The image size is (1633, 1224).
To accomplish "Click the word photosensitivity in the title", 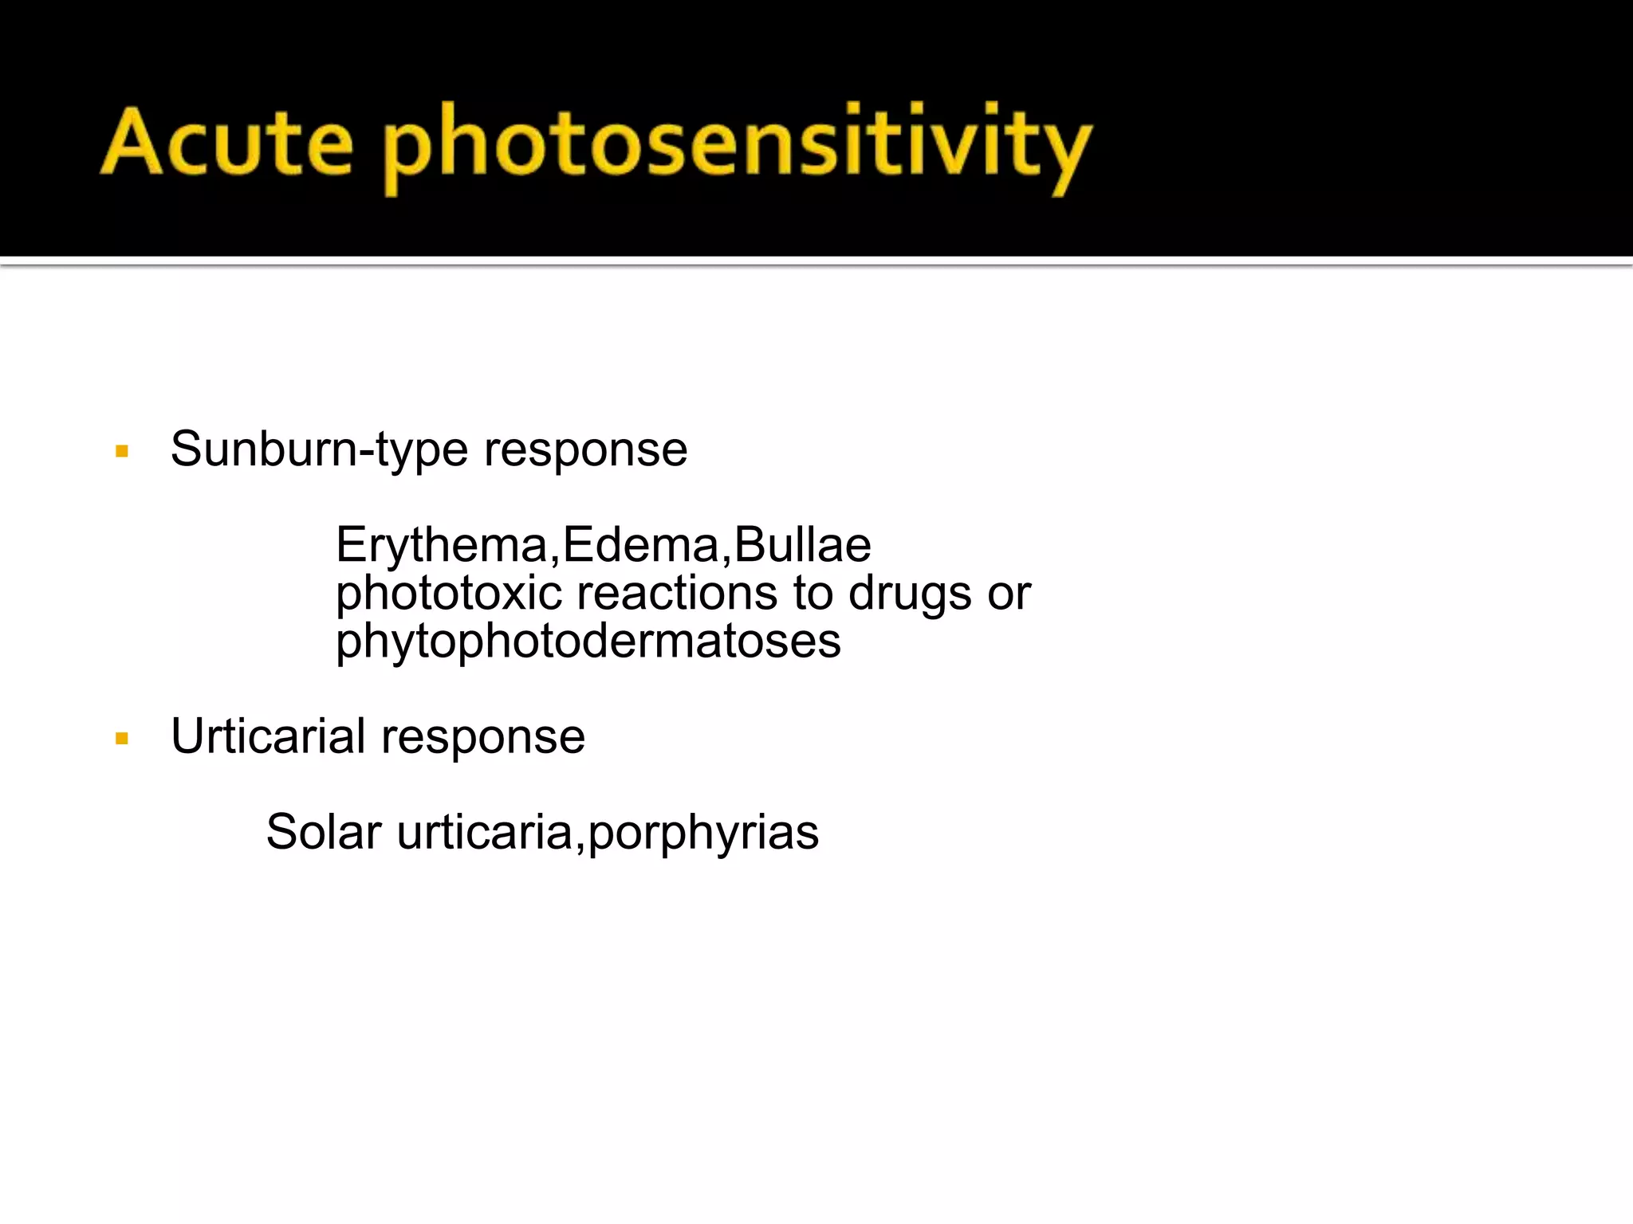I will (737, 147).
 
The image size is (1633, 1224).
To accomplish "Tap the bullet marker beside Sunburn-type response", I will (122, 452).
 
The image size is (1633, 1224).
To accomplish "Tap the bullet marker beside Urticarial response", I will (122, 739).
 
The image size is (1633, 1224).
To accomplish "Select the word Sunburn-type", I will (319, 450).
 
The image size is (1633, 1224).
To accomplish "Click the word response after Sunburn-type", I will (585, 450).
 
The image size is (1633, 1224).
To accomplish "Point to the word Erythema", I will (441, 545).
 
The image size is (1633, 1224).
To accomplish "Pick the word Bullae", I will (802, 545).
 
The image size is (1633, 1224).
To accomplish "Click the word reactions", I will (677, 594).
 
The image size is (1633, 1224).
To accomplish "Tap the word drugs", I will (910, 594).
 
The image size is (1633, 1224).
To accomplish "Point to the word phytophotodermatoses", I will (588, 641).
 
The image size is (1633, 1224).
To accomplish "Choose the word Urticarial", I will (268, 736).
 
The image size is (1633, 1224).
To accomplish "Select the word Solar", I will (323, 832).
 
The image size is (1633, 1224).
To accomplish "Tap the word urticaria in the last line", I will (484, 832).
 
